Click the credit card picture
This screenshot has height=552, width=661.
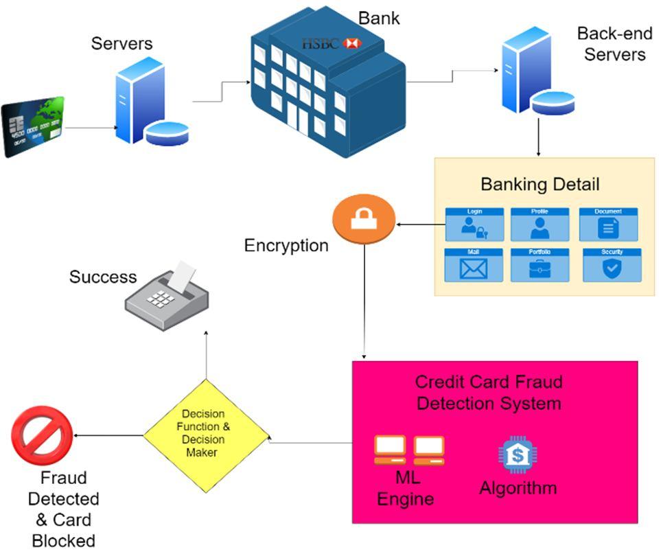click(33, 127)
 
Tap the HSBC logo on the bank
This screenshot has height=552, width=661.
click(332, 43)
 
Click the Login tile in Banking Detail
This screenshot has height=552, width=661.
click(474, 225)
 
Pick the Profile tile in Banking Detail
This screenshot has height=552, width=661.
click(540, 225)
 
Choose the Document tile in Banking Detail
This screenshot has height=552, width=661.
click(608, 225)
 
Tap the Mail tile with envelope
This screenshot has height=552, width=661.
click(474, 266)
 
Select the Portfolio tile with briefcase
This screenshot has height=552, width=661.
click(540, 266)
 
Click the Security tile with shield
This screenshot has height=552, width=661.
click(612, 266)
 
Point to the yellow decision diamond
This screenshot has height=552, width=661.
click(206, 434)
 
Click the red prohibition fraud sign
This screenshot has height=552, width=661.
click(42, 437)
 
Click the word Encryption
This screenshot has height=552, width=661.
click(286, 245)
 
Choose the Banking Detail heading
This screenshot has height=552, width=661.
click(540, 184)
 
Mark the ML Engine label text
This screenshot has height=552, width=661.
click(408, 488)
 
